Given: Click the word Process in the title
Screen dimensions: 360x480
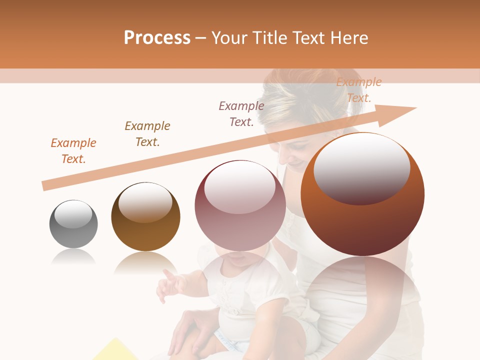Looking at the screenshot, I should [157, 38].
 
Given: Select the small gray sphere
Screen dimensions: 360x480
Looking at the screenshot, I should [73, 224].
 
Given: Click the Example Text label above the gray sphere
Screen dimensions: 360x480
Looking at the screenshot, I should [73, 151].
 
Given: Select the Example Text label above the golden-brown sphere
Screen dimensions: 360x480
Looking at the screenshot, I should [147, 134].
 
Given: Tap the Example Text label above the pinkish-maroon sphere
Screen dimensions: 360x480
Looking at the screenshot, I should [241, 114].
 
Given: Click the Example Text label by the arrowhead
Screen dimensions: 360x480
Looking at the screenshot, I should [359, 90].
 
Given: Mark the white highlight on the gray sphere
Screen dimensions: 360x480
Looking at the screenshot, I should [73, 214].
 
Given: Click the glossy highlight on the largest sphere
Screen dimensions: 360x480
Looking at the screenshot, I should [361, 168].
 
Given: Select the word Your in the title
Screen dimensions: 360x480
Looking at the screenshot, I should [229, 38].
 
